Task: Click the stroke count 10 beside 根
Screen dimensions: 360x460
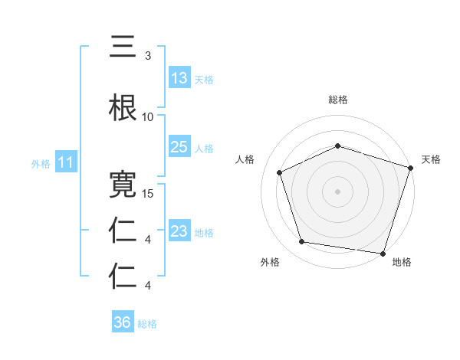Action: click(x=147, y=117)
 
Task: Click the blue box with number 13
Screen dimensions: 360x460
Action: click(x=179, y=78)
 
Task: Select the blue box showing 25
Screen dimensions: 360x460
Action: click(x=179, y=147)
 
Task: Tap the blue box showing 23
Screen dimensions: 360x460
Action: click(x=179, y=231)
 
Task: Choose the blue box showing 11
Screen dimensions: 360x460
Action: click(x=65, y=162)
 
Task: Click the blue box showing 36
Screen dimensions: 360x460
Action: click(x=122, y=322)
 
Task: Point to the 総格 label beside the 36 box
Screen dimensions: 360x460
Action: click(x=147, y=324)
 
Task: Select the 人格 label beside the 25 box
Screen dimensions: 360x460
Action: click(x=204, y=148)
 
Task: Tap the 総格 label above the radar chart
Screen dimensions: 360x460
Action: click(x=338, y=100)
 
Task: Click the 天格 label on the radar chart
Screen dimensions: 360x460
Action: click(x=431, y=159)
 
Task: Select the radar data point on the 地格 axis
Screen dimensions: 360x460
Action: click(x=383, y=253)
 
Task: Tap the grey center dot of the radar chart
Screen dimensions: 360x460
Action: click(x=338, y=191)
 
